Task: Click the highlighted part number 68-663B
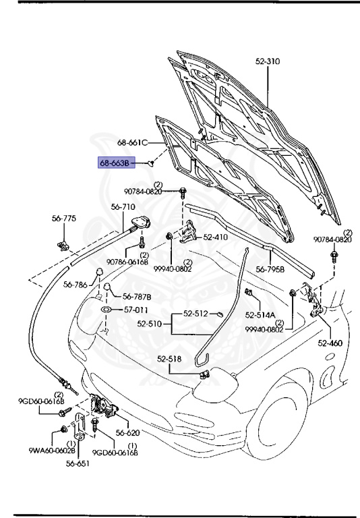[x=116, y=163]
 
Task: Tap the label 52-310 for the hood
[x=268, y=61]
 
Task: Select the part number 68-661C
[x=132, y=143]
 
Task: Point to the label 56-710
[x=123, y=207]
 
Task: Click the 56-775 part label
[x=64, y=219]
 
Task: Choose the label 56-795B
[x=270, y=270]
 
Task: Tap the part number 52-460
[x=330, y=343]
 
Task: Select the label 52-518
[x=169, y=359]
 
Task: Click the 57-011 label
[x=136, y=310]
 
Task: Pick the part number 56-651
[x=78, y=463]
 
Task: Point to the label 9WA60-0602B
[x=52, y=451]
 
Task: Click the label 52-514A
[x=260, y=315]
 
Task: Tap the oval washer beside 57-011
[x=106, y=310]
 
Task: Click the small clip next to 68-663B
[x=151, y=163]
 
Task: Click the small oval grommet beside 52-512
[x=220, y=314]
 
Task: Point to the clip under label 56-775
[x=63, y=246]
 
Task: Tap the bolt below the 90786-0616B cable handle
[x=142, y=243]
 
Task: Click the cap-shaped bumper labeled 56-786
[x=99, y=272]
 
